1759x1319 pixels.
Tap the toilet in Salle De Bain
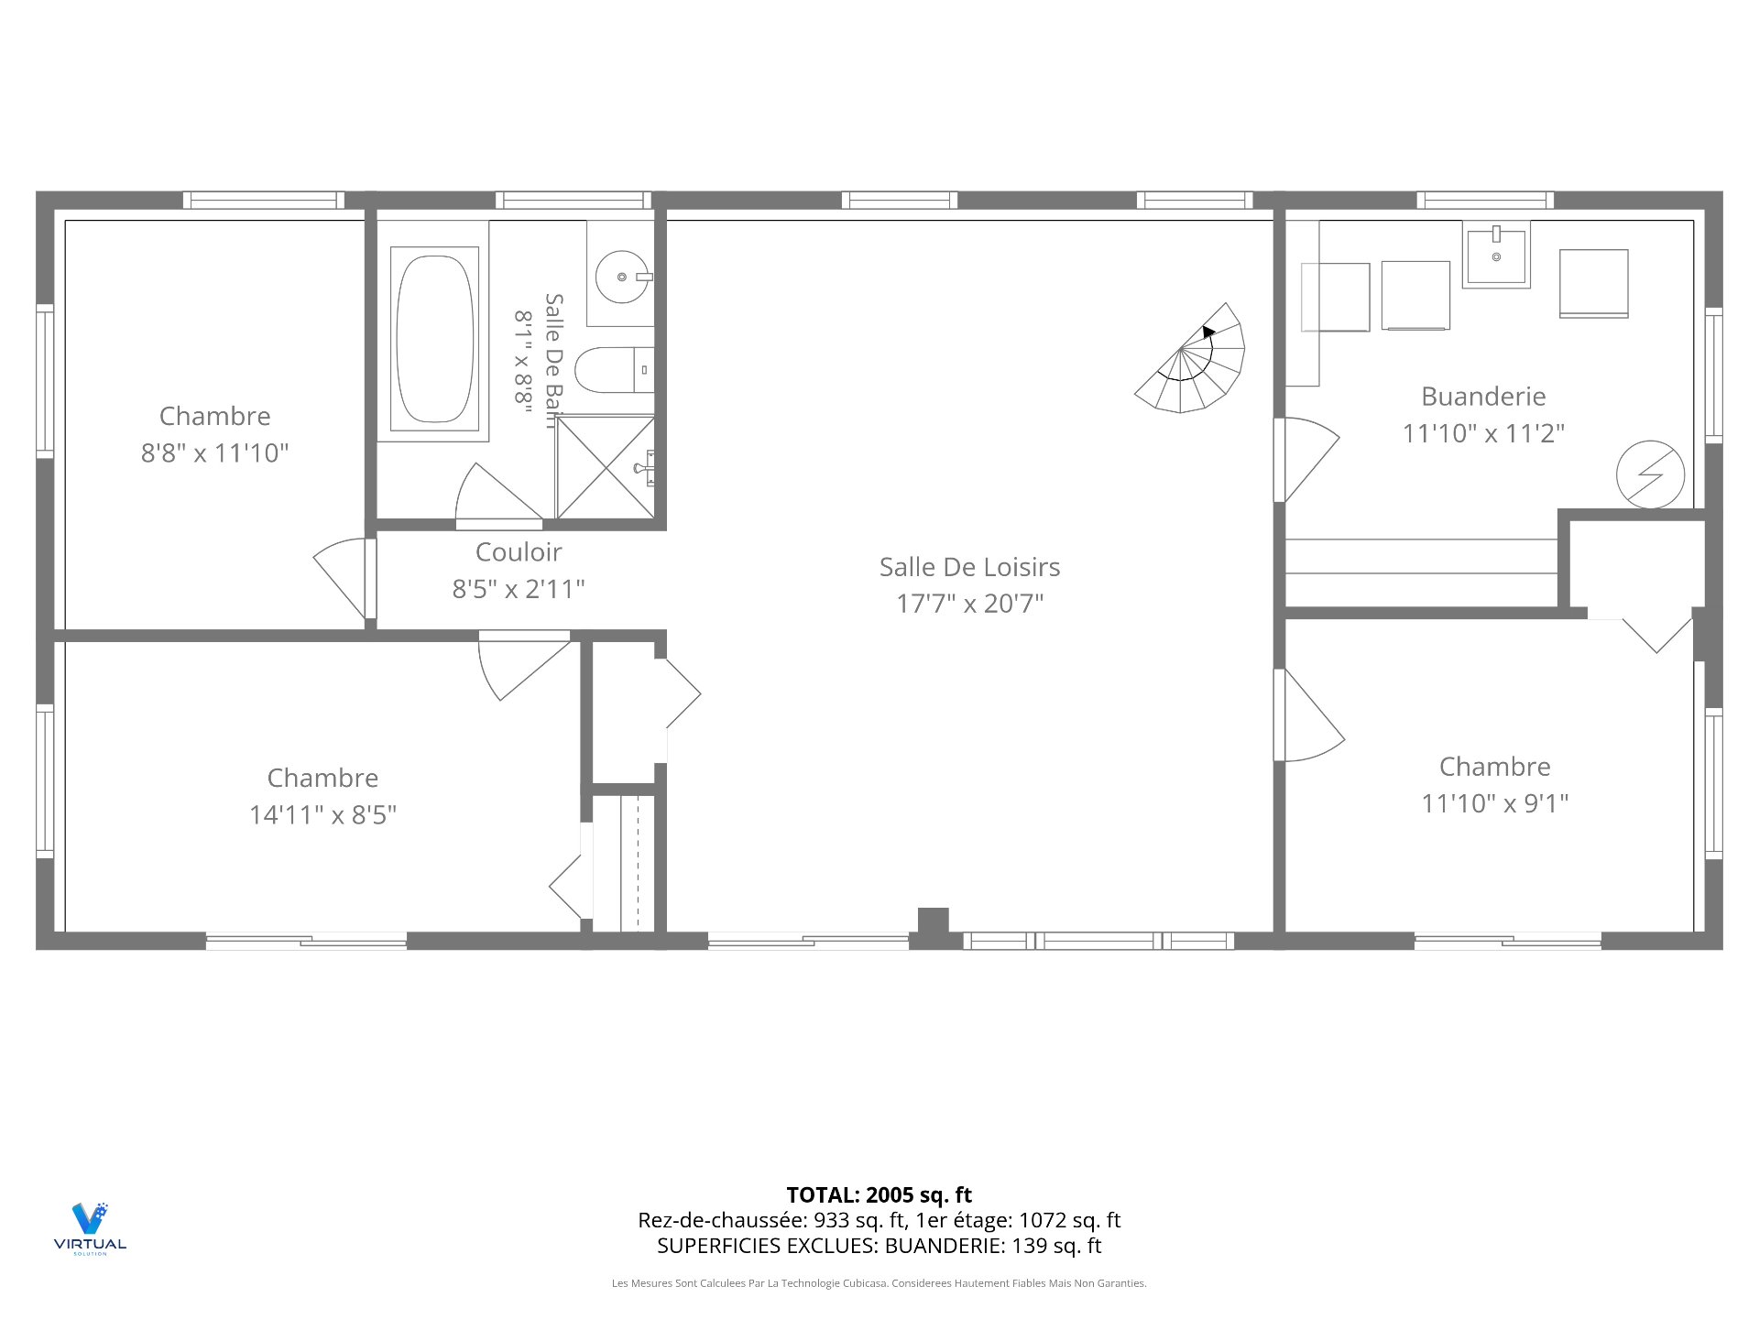[x=614, y=370]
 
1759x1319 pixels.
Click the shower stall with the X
[x=606, y=467]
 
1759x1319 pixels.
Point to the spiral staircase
[x=1191, y=358]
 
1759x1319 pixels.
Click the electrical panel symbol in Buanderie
[x=1650, y=474]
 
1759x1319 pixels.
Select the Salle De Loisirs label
[x=969, y=567]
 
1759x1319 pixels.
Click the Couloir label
[x=519, y=551]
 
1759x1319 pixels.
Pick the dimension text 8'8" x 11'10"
[x=214, y=452]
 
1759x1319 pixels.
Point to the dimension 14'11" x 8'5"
[x=322, y=814]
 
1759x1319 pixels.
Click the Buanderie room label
[x=1483, y=397]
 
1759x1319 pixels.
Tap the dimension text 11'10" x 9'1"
[x=1494, y=803]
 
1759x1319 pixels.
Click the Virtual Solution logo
[x=90, y=1227]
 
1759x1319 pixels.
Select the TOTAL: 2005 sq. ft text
[x=879, y=1194]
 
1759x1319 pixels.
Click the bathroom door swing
[x=498, y=495]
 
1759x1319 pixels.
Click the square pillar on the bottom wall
[x=933, y=921]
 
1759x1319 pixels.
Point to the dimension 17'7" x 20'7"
[x=970, y=604]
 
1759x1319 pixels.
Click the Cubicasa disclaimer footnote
[x=879, y=1283]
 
